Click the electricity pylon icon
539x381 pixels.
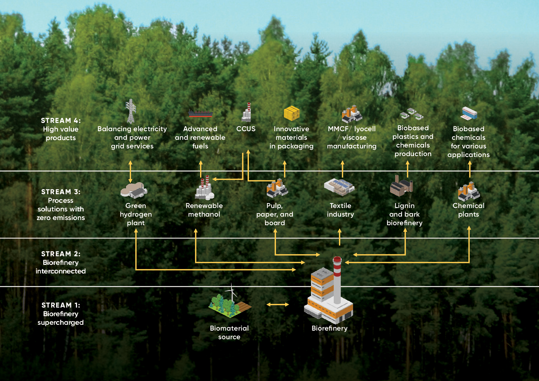pyautogui.click(x=131, y=111)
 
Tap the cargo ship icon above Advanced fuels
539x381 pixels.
pyautogui.click(x=200, y=114)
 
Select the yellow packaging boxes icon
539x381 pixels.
pyautogui.click(x=291, y=113)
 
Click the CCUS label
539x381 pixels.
pyautogui.click(x=246, y=129)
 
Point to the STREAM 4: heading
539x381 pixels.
pyautogui.click(x=61, y=120)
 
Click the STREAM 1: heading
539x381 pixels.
pyautogui.click(x=61, y=305)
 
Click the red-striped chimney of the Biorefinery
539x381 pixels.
pyautogui.click(x=337, y=280)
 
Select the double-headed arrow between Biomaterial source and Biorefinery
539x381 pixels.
pyautogui.click(x=277, y=304)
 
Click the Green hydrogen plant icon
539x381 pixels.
pyautogui.click(x=134, y=190)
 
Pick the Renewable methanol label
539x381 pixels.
pyautogui.click(x=204, y=210)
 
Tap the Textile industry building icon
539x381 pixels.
pyautogui.click(x=339, y=187)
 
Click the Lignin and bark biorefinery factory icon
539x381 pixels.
pyautogui.click(x=401, y=186)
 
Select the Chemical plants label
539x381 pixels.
pyautogui.click(x=468, y=210)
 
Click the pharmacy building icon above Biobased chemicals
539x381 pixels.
pyautogui.click(x=469, y=113)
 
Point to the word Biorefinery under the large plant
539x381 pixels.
pyautogui.click(x=329, y=328)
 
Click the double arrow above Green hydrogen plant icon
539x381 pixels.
pyautogui.click(x=130, y=171)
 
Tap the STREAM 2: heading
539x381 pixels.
pyautogui.click(x=61, y=254)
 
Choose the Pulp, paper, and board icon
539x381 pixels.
pyautogui.click(x=277, y=188)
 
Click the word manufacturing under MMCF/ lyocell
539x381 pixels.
pyautogui.click(x=352, y=146)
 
